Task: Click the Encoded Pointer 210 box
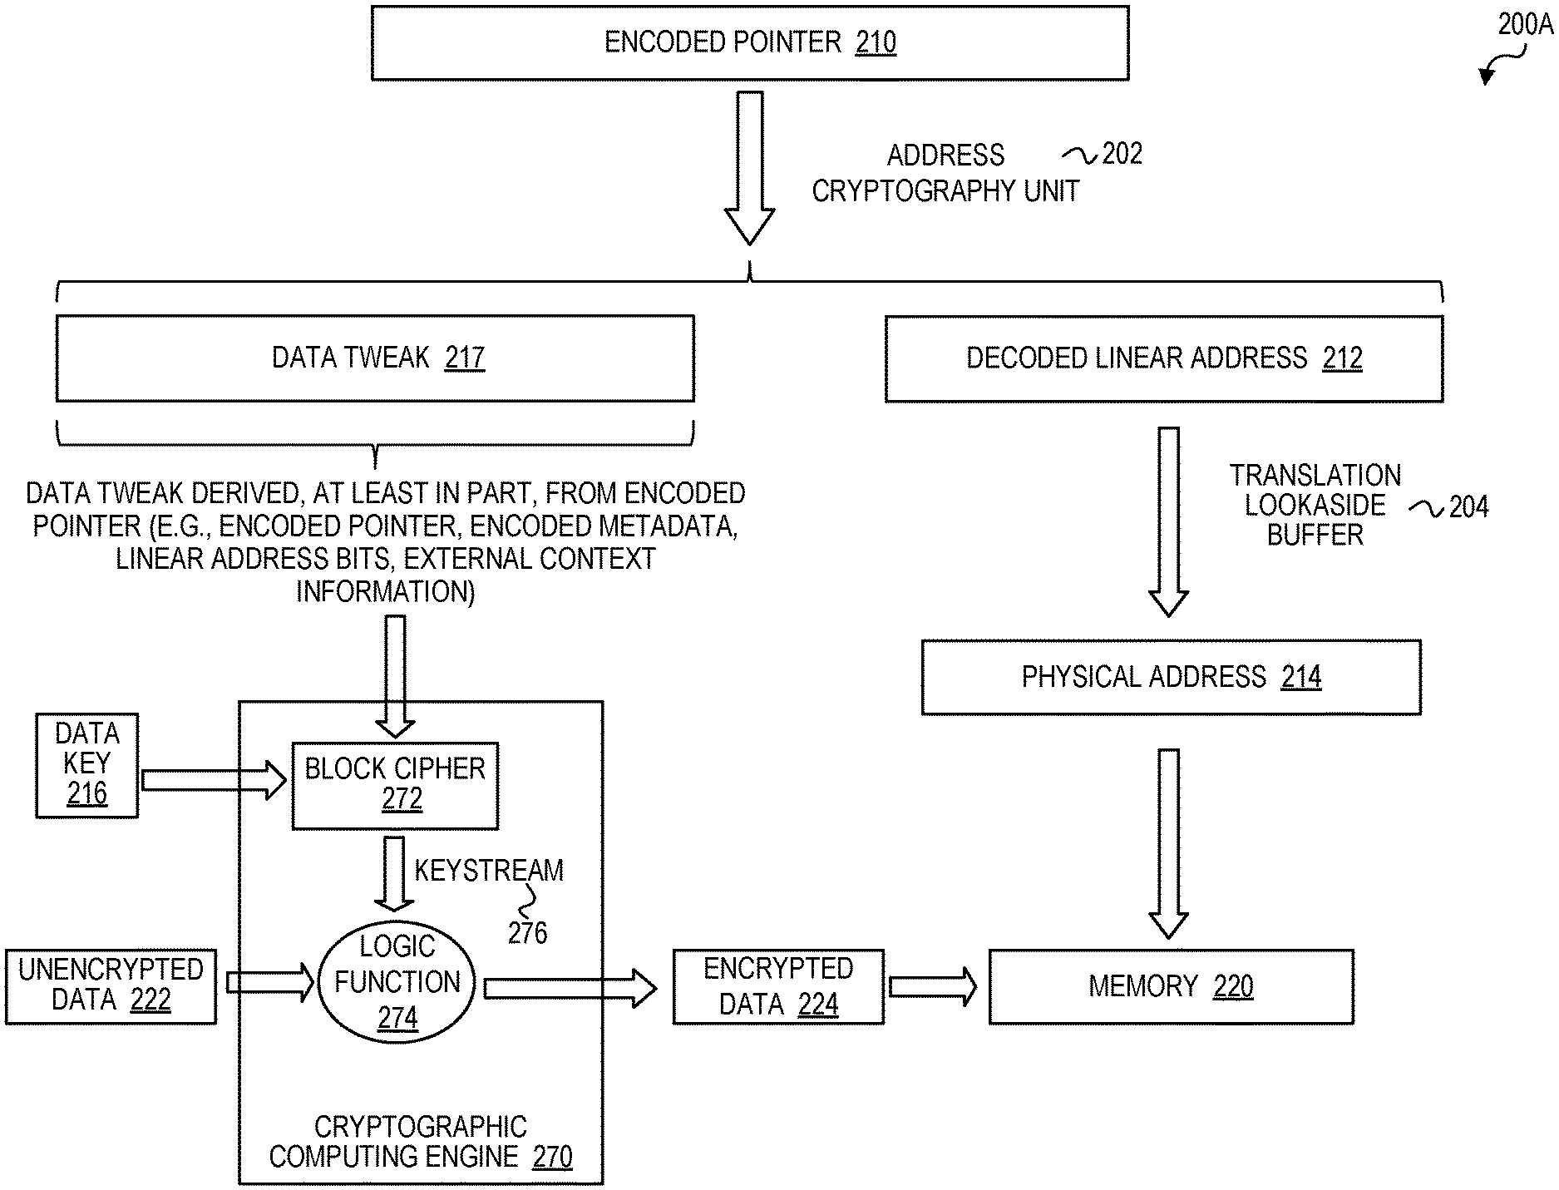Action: [x=749, y=43]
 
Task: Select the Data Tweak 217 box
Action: [x=375, y=358]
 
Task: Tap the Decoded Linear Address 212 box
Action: [x=1163, y=358]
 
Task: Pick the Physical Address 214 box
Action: [x=1171, y=677]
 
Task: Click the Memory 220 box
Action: [x=1171, y=986]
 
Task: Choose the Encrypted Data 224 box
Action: [x=778, y=986]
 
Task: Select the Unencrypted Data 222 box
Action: [x=111, y=986]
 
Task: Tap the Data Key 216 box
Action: [x=86, y=765]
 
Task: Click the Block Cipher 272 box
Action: [x=395, y=785]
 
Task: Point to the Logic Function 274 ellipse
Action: [x=397, y=982]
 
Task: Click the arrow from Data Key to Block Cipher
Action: [x=214, y=781]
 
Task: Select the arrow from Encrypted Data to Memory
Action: [x=932, y=986]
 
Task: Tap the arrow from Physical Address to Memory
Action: [x=1168, y=842]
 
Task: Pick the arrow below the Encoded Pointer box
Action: [x=749, y=166]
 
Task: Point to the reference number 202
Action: [x=1122, y=154]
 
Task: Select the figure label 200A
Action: [x=1525, y=26]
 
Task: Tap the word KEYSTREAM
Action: [x=489, y=871]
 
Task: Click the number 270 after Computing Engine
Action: [x=552, y=1157]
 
